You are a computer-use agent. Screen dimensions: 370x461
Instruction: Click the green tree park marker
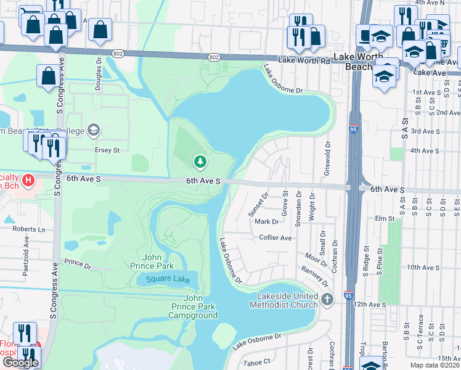[x=200, y=162]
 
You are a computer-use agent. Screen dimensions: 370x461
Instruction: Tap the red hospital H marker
[x=28, y=180]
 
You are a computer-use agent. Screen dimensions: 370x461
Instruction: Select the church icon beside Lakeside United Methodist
[x=327, y=300]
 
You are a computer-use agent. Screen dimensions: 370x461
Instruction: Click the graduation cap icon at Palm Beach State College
[x=93, y=129]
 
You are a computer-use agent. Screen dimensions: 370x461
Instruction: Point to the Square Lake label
[x=162, y=279]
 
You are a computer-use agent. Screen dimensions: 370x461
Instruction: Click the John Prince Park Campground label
[x=193, y=306]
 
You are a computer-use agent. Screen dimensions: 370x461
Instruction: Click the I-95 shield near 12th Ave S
[x=349, y=296]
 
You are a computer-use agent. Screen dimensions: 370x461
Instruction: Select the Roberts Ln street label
[x=30, y=229]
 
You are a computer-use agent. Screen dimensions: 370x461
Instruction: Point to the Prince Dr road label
[x=77, y=264]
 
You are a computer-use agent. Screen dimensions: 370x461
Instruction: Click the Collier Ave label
[x=275, y=237]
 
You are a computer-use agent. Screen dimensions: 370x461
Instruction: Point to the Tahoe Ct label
[x=257, y=361]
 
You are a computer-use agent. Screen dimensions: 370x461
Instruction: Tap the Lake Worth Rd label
[x=304, y=60]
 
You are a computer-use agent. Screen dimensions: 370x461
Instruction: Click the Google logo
[x=20, y=363]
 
